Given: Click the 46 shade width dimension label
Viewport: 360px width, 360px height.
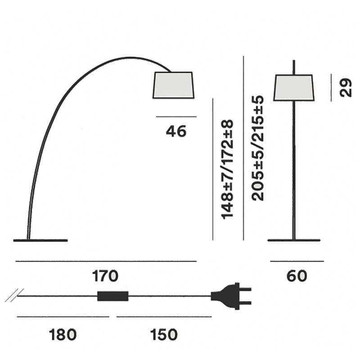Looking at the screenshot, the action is (176, 131).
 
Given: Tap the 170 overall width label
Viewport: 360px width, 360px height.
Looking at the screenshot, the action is (105, 276).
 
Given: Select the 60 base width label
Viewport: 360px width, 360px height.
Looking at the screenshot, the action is (297, 276).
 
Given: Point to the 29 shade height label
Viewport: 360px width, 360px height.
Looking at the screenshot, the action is (346, 87).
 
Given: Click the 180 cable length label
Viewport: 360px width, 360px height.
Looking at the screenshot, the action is (63, 334).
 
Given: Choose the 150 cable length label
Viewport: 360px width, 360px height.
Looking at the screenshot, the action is (164, 334).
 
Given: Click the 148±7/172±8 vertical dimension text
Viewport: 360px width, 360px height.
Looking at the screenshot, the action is (227, 169).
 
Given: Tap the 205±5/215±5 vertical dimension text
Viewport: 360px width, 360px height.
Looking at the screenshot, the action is (257, 148).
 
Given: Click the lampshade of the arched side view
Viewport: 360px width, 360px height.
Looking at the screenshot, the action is (174, 85).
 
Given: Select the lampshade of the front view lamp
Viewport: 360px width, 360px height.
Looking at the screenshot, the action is (294, 87).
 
